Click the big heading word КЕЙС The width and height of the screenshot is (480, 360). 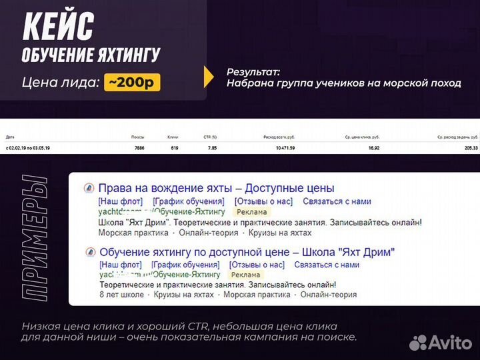coord(59,27)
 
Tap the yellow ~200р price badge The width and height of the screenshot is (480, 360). coord(132,83)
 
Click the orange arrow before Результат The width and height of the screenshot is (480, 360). coord(209,77)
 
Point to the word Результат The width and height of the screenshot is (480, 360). coord(253,71)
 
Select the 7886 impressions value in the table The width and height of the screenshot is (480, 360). coord(139,147)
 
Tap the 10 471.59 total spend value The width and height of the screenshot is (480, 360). coord(283,147)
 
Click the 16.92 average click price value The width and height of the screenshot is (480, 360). coord(373,147)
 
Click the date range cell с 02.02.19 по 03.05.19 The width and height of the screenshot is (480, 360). coord(28,147)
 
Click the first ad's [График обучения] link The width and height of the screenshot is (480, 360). coord(188,201)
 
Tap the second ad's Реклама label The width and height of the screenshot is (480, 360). coord(245,274)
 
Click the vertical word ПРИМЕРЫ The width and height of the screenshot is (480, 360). coord(34,237)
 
